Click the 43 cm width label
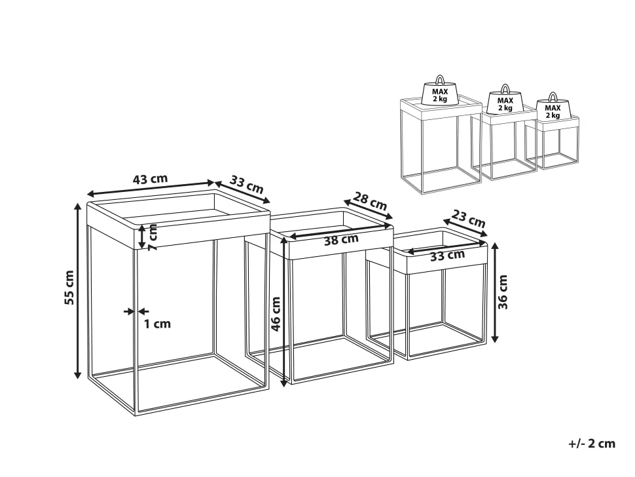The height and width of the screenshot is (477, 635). click(150, 179)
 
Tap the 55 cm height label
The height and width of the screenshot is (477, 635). click(69, 288)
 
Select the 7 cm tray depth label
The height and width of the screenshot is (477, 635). click(153, 237)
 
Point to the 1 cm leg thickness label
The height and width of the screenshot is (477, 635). click(158, 324)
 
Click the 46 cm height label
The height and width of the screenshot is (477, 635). click(276, 314)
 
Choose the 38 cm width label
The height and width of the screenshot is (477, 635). click(341, 240)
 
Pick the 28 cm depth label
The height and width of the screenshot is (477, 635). click(370, 200)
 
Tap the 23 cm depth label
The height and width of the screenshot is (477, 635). click(468, 218)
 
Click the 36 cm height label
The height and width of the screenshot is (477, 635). click(502, 292)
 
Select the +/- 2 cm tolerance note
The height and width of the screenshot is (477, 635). click(592, 444)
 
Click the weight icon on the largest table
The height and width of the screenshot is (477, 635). click(440, 90)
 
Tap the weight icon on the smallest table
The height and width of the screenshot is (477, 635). click(553, 105)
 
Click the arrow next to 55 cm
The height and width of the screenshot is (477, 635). click(77, 290)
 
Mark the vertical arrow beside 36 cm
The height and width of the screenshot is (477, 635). click(494, 292)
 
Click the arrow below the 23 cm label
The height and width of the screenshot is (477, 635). click(465, 227)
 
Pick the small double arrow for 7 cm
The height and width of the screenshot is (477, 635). click(142, 237)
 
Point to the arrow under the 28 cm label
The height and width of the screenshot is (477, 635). click(368, 209)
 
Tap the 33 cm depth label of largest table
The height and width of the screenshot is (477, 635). click(246, 184)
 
